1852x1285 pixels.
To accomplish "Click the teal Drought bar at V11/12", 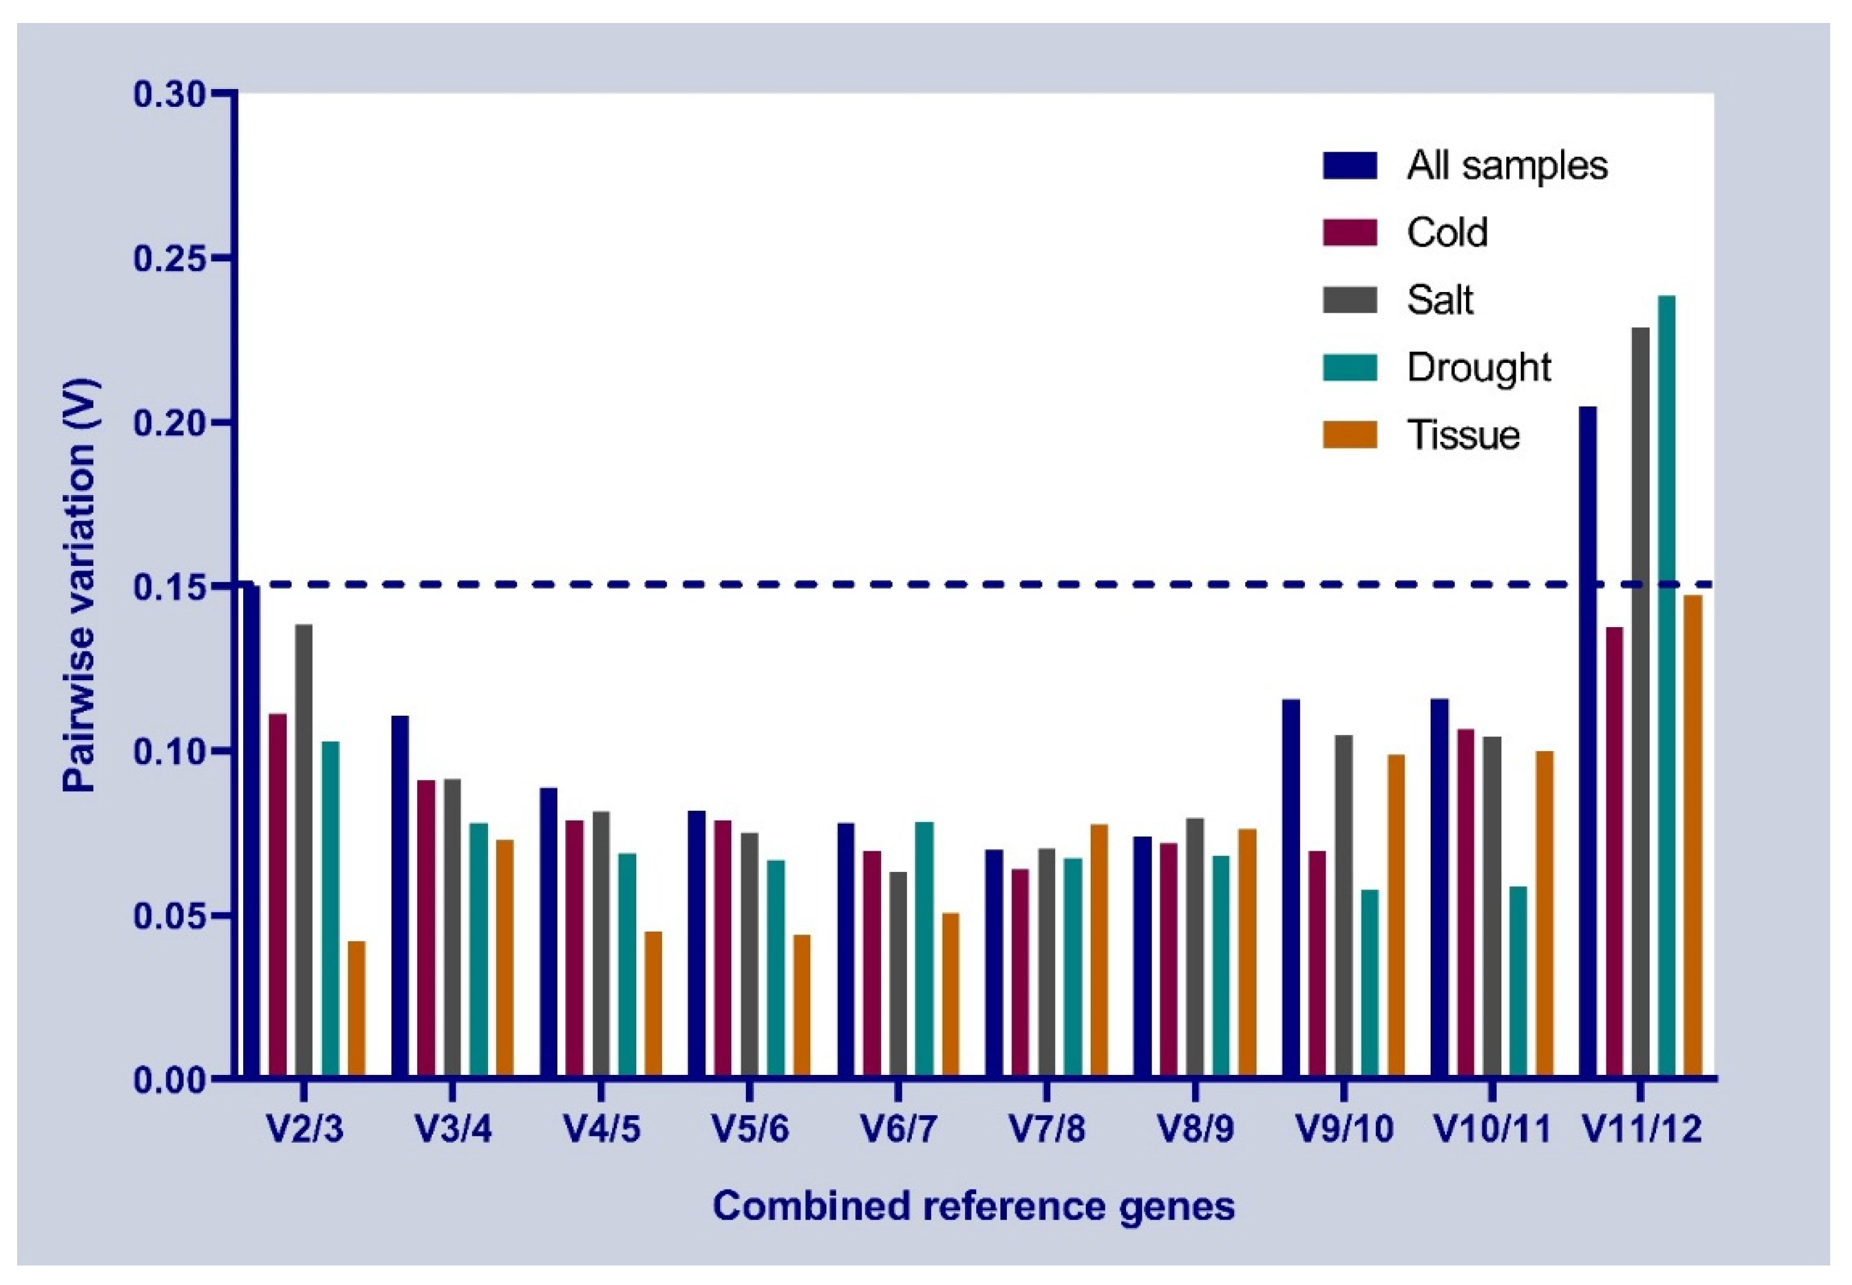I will click(1666, 684).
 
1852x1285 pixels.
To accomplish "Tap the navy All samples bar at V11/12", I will click(1588, 740).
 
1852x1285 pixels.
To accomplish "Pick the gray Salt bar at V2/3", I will click(303, 850).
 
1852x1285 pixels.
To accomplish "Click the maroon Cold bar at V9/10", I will click(1317, 963).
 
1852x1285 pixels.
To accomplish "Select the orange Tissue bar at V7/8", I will click(1099, 950).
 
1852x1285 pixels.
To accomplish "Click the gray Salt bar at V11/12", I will click(1640, 700).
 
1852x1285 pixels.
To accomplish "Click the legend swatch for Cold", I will click(1350, 232).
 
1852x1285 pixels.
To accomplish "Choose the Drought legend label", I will click(1478, 368).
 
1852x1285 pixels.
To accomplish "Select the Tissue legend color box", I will click(1350, 435).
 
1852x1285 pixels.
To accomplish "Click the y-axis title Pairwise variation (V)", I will click(80, 585).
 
